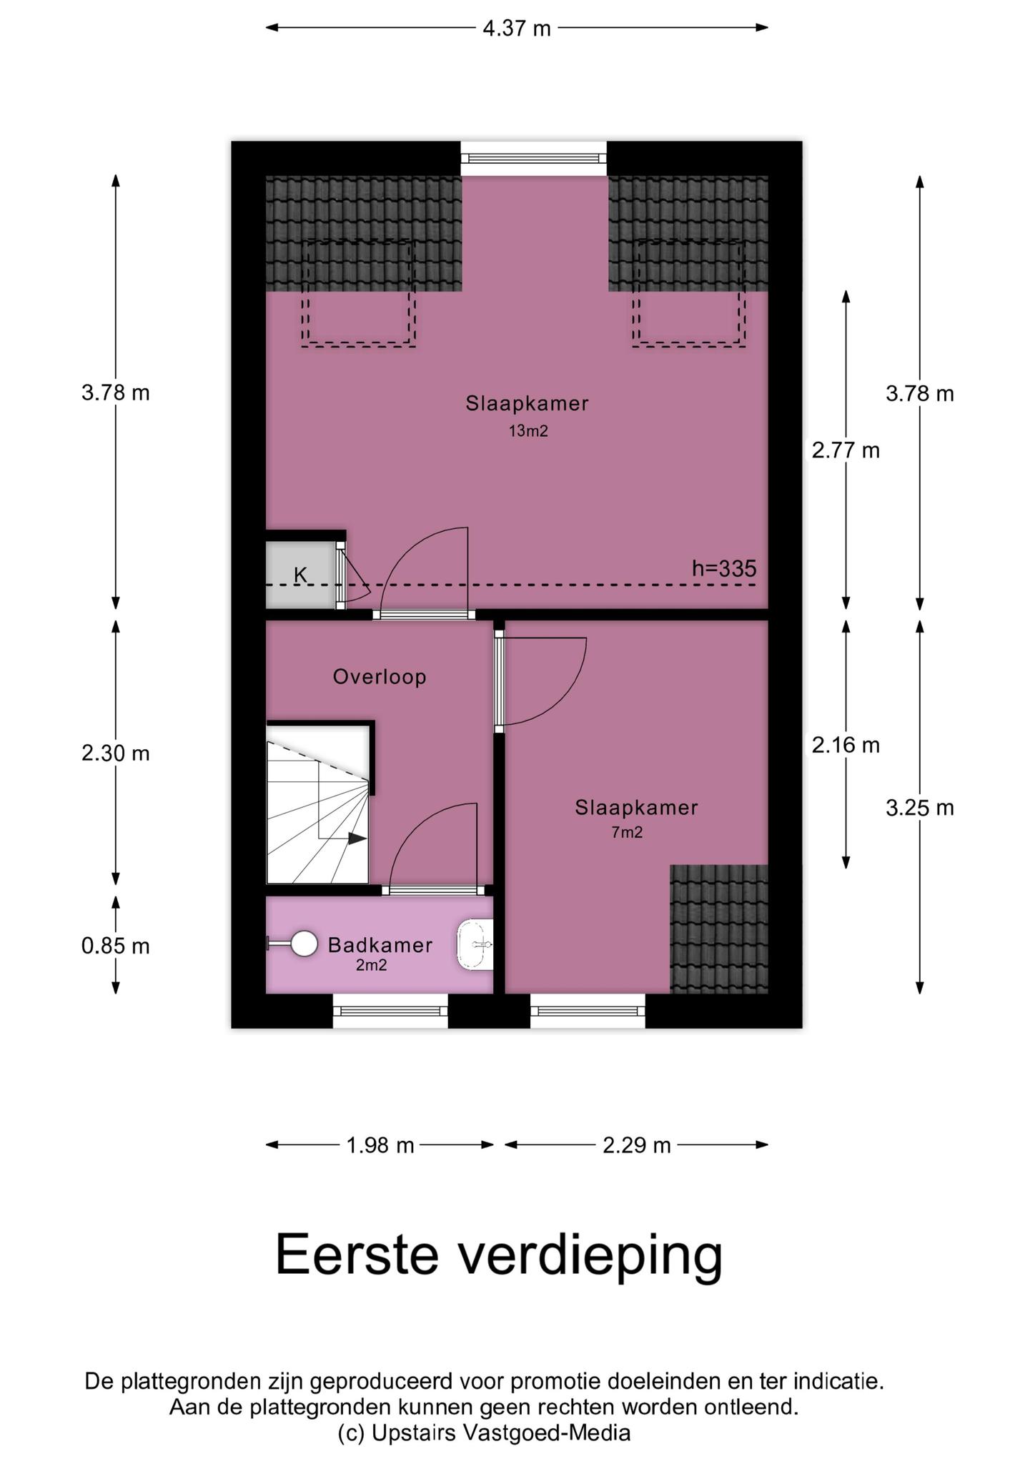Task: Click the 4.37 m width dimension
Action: (x=517, y=29)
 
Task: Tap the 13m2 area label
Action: (x=528, y=431)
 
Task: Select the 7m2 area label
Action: (x=627, y=832)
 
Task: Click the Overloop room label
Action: (x=380, y=677)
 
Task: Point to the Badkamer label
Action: (x=380, y=945)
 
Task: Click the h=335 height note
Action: (x=724, y=569)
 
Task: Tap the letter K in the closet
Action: (x=301, y=575)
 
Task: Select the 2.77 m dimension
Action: (x=846, y=450)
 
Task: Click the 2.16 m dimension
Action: (x=846, y=746)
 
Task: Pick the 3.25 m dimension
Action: (x=920, y=808)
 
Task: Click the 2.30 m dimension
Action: (x=116, y=753)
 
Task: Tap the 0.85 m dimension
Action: (x=116, y=946)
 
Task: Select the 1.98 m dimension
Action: (x=380, y=1145)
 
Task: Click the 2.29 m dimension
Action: (x=637, y=1145)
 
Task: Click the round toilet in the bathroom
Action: (x=304, y=944)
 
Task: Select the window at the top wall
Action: (x=534, y=159)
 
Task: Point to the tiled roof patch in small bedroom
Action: (x=719, y=929)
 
